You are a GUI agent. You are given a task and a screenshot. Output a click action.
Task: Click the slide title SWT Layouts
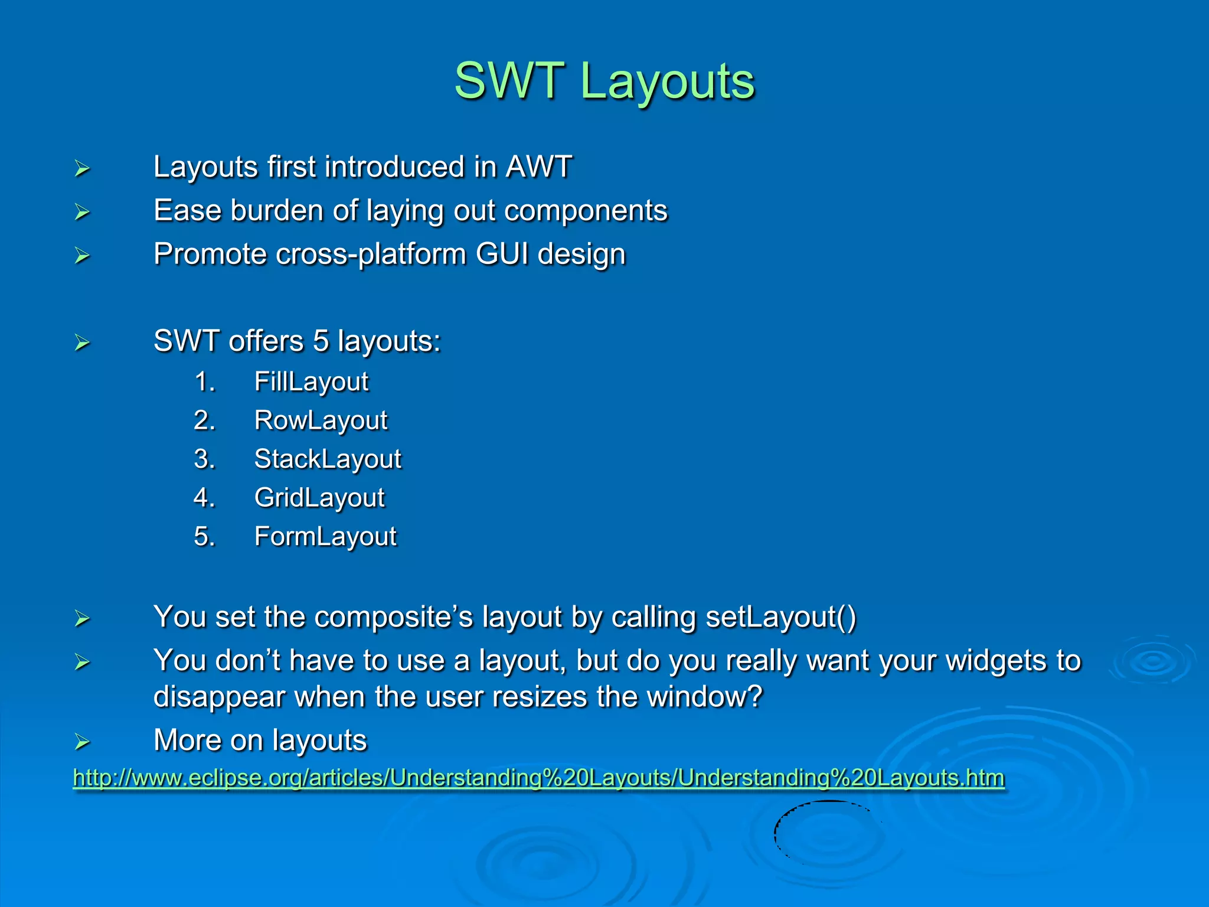[x=604, y=81]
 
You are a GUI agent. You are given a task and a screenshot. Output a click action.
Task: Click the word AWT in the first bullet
[x=538, y=167]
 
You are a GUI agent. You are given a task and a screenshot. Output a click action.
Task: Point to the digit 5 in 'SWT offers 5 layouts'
[x=321, y=341]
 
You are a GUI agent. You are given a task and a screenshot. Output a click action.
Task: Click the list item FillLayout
[x=311, y=381]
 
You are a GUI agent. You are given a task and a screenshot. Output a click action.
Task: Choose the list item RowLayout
[x=321, y=420]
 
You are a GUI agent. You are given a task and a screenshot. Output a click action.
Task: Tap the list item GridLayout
[x=319, y=498]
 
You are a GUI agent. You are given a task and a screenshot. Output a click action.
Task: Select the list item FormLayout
[x=325, y=537]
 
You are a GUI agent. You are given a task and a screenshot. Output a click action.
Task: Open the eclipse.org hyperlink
[x=538, y=778]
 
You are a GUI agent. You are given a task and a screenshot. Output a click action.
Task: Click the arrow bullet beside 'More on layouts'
[x=82, y=742]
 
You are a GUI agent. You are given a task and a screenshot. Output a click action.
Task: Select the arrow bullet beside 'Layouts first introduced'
[x=82, y=169]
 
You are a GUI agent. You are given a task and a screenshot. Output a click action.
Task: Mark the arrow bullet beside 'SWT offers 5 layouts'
[x=82, y=343]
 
